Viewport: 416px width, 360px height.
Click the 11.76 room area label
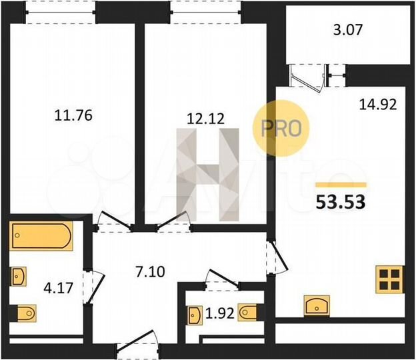click(71, 114)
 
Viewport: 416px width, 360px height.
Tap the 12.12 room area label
click(205, 119)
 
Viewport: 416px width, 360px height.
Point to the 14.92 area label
click(378, 103)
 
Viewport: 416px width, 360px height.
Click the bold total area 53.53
click(340, 202)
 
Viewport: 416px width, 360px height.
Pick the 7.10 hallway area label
click(139, 271)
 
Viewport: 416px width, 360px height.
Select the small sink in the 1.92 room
click(194, 313)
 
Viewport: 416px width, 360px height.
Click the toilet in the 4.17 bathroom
click(25, 311)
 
